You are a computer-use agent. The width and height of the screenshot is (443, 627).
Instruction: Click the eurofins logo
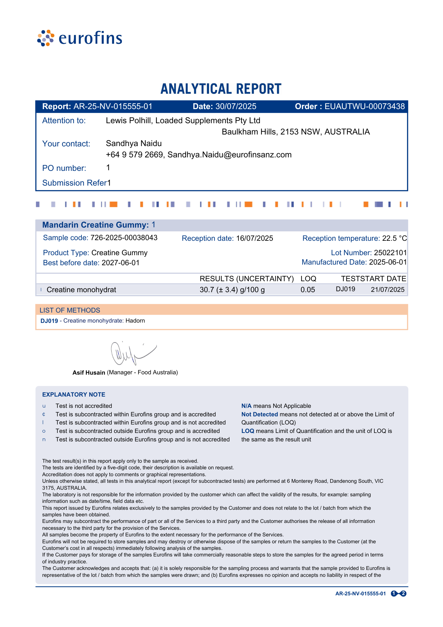(80, 38)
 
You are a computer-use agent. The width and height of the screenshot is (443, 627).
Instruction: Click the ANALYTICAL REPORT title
(221, 89)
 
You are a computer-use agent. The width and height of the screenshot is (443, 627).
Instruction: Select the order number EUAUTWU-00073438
(365, 107)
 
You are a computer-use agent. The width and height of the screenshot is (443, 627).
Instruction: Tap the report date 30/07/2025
(236, 107)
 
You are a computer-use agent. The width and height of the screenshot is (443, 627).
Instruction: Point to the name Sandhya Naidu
(134, 144)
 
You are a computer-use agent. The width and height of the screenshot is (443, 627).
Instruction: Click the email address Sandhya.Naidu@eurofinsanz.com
(230, 155)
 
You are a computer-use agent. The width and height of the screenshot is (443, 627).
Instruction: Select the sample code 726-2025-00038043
(124, 238)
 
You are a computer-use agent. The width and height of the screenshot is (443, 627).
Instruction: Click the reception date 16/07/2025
(254, 238)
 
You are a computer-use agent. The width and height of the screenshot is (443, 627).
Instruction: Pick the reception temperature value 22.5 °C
(394, 238)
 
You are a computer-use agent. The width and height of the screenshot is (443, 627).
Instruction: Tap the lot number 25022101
(390, 253)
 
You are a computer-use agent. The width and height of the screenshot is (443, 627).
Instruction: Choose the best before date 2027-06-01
(121, 263)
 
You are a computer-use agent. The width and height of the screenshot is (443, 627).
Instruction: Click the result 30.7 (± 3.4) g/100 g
(232, 290)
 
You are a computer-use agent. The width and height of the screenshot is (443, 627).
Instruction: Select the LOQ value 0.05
(308, 290)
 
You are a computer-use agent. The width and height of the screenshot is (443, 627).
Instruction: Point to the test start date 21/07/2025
(388, 290)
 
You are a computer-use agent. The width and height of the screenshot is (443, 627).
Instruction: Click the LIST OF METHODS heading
(70, 310)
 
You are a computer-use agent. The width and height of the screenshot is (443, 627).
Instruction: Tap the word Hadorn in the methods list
(135, 321)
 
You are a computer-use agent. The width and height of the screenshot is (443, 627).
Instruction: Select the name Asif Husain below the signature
(89, 373)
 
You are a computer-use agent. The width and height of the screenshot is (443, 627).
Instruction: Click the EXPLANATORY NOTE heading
(74, 395)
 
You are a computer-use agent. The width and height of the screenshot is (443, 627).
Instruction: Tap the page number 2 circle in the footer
(404, 593)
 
